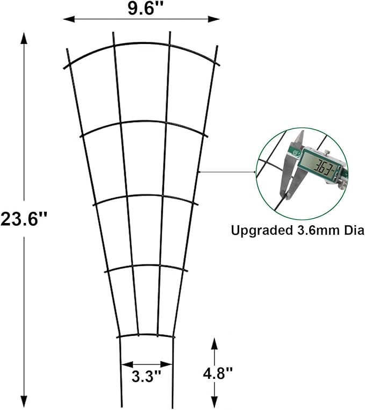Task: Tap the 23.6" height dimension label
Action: [x=24, y=219]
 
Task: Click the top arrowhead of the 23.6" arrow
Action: [x=24, y=37]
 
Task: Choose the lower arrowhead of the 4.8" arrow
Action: [x=214, y=405]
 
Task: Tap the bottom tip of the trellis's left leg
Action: [x=119, y=407]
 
